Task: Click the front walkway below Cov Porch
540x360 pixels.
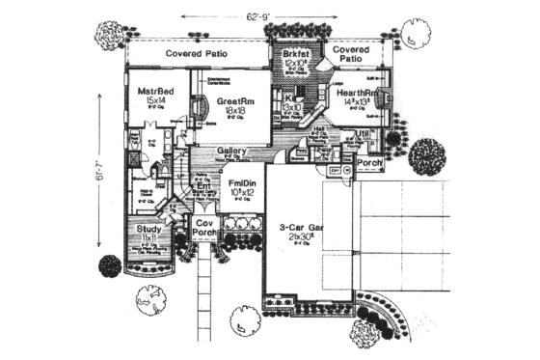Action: tap(205, 294)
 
